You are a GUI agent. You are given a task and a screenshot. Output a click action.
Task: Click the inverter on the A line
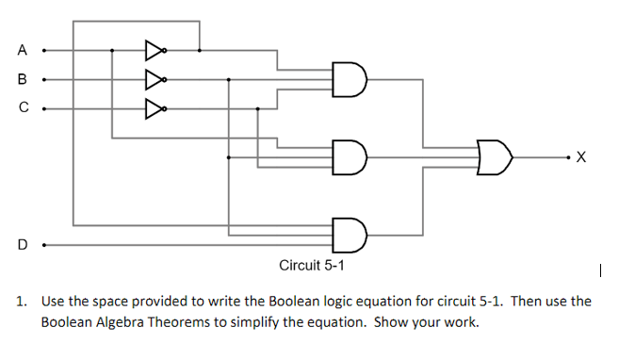pos(155,50)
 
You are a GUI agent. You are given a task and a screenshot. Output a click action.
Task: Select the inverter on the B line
pos(155,79)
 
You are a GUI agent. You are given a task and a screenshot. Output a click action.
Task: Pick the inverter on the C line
pos(155,108)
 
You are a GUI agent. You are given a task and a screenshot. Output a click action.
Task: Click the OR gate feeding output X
pos(495,156)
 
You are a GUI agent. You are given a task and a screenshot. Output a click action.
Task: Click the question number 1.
pos(21,302)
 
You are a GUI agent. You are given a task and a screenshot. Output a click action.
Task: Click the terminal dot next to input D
pos(44,244)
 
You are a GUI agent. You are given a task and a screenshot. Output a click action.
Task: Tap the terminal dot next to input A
pos(44,50)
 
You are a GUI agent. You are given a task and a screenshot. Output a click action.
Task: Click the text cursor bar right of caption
pos(599,272)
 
